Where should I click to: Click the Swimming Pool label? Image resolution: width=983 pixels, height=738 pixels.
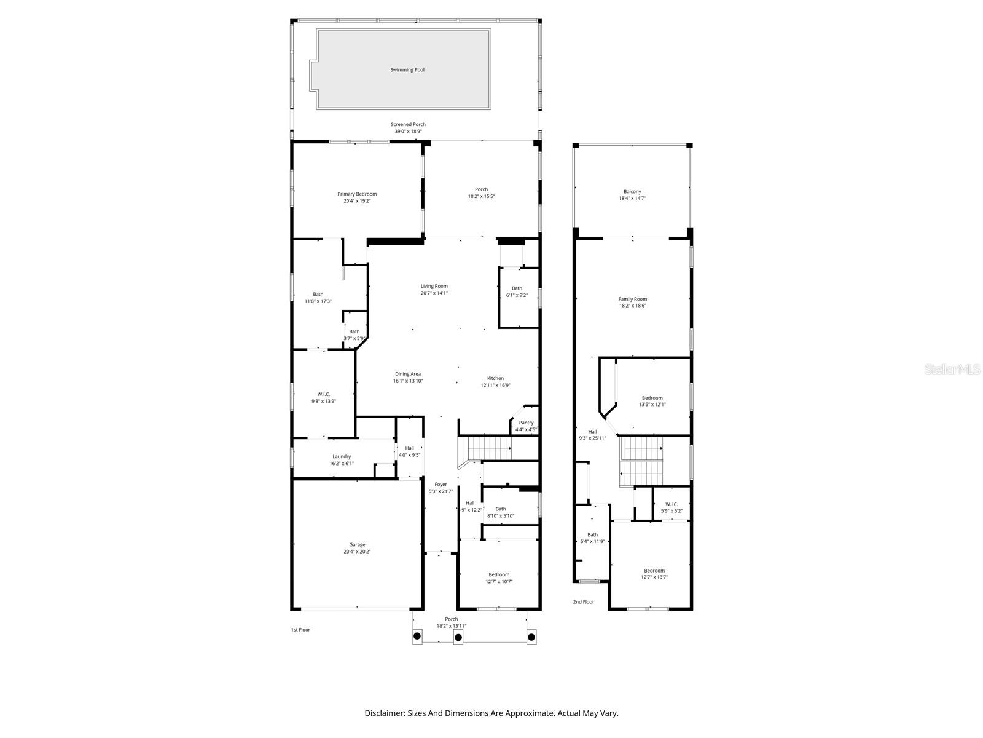(x=407, y=70)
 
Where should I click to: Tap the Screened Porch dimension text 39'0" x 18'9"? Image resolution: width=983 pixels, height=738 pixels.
(x=408, y=132)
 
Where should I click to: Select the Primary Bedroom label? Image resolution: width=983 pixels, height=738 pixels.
(x=357, y=194)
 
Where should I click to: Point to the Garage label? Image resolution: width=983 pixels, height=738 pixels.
(x=357, y=545)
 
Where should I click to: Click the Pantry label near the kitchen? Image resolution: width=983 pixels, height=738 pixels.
(x=526, y=423)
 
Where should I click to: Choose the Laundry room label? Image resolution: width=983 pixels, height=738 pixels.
(x=342, y=456)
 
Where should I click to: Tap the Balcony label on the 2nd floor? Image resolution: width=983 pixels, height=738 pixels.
(x=632, y=192)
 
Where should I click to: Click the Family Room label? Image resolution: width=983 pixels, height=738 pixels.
(x=632, y=299)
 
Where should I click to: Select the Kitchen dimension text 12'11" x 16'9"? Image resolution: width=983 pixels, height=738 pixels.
(x=495, y=386)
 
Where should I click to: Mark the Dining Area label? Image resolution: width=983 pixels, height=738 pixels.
(x=408, y=374)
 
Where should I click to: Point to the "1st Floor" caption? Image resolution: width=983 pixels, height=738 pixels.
(x=300, y=630)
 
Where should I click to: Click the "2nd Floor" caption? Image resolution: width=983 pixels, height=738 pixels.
(x=584, y=602)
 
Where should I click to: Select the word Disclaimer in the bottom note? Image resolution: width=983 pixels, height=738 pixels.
(x=384, y=713)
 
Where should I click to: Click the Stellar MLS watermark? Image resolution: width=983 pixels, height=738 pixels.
(x=953, y=369)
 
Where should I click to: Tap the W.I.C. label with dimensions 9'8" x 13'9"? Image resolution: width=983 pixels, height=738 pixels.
(x=324, y=394)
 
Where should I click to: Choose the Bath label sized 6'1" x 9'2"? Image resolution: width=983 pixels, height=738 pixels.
(x=517, y=288)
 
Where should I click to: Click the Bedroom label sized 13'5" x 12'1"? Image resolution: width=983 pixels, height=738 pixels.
(x=652, y=398)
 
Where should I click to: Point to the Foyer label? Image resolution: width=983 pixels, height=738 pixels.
(x=441, y=485)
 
